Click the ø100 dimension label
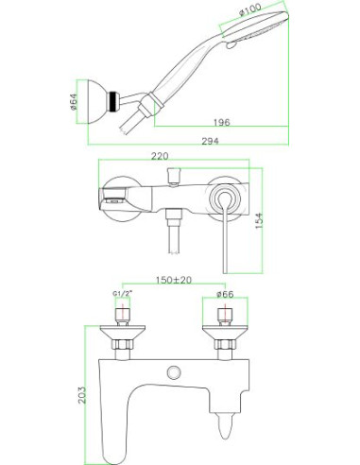pos(249,9)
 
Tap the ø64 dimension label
pos(74,102)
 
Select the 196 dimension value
pos(222,122)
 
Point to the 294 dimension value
pos(210,141)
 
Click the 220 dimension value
pos(160,156)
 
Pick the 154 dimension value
pos(258,220)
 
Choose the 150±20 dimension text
pos(174,280)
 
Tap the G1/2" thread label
pos(122,294)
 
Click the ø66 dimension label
pos(225,294)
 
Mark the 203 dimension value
pos(81,395)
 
